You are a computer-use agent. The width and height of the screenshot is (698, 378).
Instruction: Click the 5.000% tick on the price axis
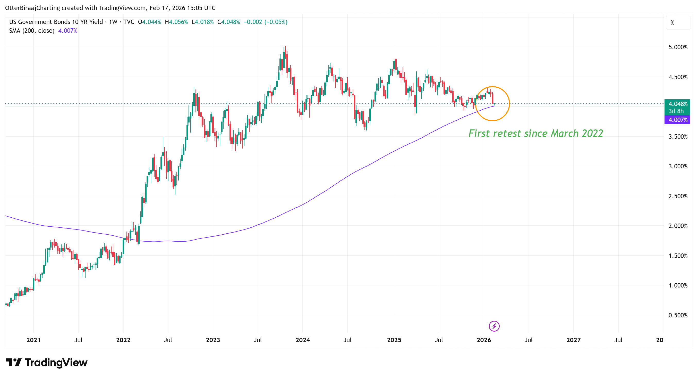678,47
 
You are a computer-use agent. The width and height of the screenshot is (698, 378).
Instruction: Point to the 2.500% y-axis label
678,196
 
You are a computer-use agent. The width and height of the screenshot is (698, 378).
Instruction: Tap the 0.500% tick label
678,315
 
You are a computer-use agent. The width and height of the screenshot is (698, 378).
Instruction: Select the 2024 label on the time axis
303,340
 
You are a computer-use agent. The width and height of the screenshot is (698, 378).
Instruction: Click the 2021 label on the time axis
33,340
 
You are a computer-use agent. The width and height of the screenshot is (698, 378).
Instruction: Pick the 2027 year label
573,340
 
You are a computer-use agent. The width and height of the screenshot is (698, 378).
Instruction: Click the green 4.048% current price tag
678,104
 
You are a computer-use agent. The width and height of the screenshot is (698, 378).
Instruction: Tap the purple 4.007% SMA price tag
678,120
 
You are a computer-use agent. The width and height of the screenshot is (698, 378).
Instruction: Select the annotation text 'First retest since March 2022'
536,133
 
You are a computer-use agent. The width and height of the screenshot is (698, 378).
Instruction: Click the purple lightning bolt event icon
494,326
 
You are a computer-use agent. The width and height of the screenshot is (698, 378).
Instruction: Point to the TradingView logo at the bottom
47,363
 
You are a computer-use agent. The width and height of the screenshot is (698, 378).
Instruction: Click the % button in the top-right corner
673,23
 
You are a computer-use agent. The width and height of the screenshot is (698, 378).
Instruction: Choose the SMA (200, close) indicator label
32,31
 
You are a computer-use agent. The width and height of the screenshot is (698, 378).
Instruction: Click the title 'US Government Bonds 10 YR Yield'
56,22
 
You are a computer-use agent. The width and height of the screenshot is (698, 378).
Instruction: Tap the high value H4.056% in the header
176,22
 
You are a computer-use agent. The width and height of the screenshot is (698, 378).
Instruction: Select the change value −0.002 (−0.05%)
266,22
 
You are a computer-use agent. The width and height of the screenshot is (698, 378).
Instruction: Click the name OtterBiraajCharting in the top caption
32,8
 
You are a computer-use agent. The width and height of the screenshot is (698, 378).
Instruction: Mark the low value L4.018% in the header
202,22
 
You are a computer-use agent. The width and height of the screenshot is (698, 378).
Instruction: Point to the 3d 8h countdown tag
676,111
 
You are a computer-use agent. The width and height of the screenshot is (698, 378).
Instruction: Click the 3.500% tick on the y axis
678,136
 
